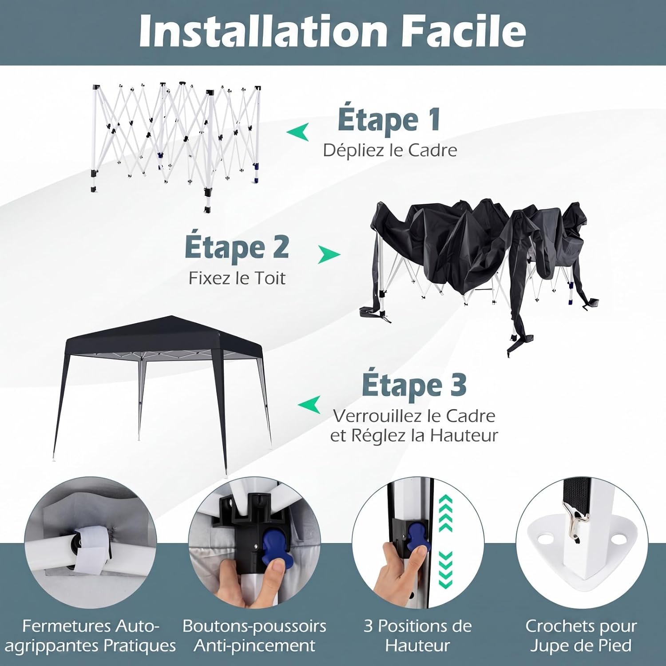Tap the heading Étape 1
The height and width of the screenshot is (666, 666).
pos(389,120)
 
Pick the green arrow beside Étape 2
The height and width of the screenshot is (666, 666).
pos(329,255)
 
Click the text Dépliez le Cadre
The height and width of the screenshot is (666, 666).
pos(390,150)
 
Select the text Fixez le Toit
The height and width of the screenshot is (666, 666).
pos(237,278)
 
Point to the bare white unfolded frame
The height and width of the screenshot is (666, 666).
pos(176,144)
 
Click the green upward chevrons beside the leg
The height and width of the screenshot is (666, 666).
pos(445,513)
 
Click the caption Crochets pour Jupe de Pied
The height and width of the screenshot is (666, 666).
pos(581,635)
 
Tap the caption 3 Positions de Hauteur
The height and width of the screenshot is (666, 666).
pos(417,635)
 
